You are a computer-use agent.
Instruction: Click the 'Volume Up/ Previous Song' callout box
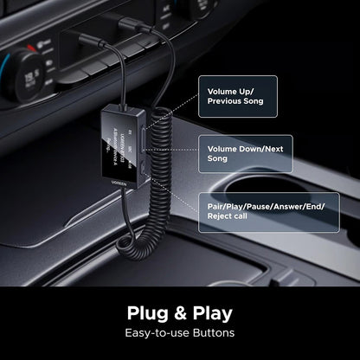click(238, 96)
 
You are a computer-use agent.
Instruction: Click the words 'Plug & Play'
click(180, 312)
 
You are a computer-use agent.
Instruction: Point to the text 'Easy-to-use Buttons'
click(180, 332)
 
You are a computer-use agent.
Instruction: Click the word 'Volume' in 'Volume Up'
click(222, 90)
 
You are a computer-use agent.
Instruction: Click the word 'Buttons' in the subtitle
click(215, 332)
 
